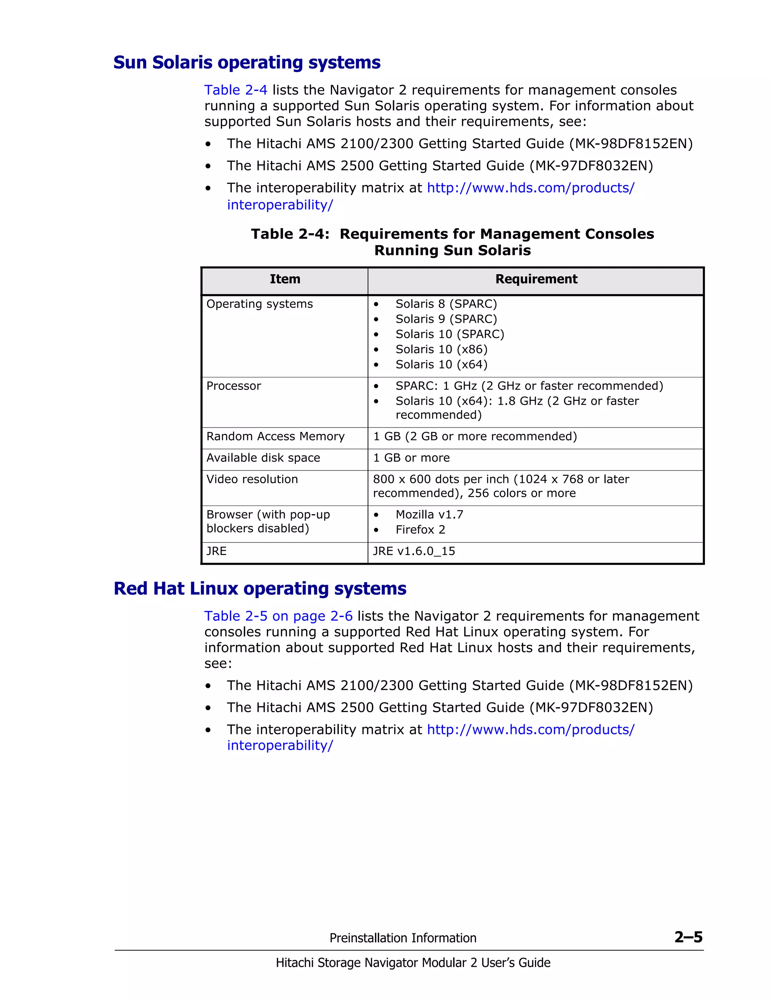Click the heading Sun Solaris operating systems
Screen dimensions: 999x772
coord(247,63)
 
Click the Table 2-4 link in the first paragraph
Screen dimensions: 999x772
coord(236,90)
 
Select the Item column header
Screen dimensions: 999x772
coord(285,279)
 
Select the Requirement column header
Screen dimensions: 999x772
coord(536,279)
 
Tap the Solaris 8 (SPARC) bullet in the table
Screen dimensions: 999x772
coord(446,304)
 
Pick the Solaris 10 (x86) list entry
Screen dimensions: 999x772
coord(441,349)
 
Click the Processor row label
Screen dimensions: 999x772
coord(234,386)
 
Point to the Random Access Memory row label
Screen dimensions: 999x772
coord(275,437)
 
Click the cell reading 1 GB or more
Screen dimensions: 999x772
coord(411,458)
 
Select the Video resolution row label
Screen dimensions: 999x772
coord(252,480)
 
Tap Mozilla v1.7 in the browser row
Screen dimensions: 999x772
coord(429,515)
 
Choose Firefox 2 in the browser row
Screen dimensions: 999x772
coord(420,530)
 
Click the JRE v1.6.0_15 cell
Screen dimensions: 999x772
coord(414,551)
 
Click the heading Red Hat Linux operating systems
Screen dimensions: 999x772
coord(260,589)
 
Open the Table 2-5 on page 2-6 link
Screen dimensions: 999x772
coord(278,616)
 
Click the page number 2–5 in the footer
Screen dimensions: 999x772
coord(688,937)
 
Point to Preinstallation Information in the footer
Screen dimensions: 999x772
coord(403,938)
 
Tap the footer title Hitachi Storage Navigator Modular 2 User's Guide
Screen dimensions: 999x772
coord(412,963)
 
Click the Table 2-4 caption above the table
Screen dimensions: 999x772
coord(452,242)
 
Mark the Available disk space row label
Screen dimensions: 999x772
coord(263,458)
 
